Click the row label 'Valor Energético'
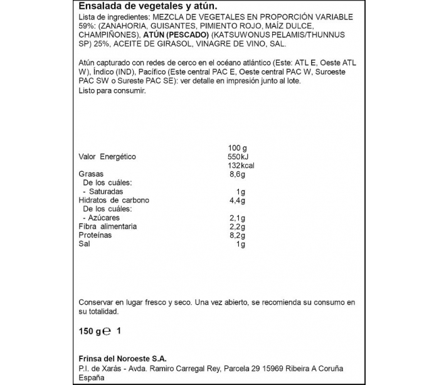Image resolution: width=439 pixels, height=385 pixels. [x=107, y=157]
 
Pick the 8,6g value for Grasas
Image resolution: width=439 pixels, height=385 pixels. [x=236, y=174]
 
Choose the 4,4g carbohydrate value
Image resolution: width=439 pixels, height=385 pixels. [x=236, y=200]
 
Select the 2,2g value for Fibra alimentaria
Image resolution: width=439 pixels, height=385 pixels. [x=236, y=226]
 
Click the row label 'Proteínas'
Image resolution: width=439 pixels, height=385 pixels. [x=95, y=235]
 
